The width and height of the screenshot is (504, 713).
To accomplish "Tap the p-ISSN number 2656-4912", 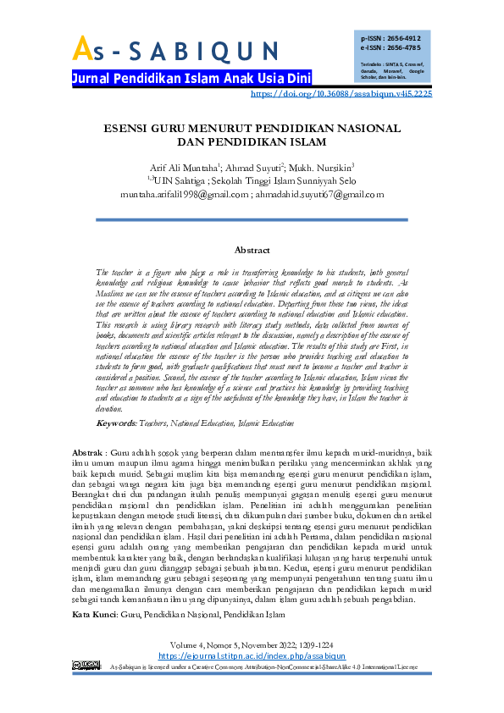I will click(x=402, y=39).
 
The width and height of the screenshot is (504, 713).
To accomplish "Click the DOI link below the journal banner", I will click(x=342, y=94).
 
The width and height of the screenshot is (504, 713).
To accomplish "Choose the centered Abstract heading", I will click(x=252, y=251).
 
